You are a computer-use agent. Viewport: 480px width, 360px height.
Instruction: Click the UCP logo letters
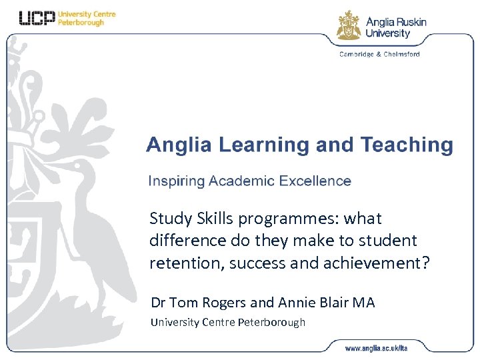point(37,18)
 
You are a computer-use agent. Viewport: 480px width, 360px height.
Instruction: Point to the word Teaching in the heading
point(406,145)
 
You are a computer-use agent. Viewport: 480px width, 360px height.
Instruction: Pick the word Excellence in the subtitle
point(315,181)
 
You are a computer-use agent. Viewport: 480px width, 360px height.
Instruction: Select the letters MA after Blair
point(363,302)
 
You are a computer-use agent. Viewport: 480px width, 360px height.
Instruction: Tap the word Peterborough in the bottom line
point(271,323)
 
